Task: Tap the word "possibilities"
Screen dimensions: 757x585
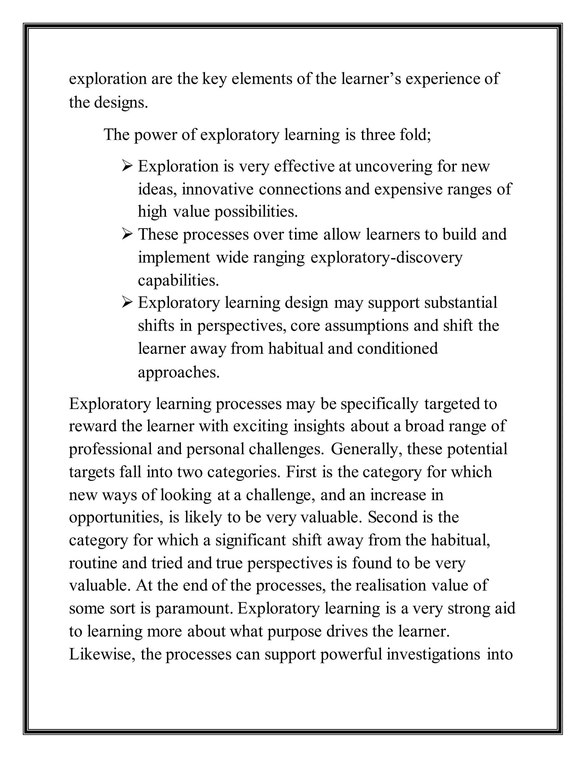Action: click(x=256, y=212)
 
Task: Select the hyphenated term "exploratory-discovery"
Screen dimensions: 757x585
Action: click(x=386, y=258)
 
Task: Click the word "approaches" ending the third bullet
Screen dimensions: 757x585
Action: click(x=179, y=373)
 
